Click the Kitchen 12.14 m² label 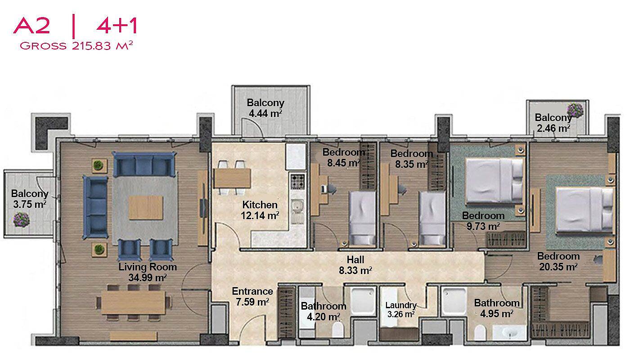click(260, 210)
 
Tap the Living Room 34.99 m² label click(148, 272)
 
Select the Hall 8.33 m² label click(355, 265)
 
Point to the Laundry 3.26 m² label click(401, 310)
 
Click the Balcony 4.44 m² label click(265, 108)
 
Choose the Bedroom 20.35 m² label click(558, 261)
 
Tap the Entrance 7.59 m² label click(252, 297)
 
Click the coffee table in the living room click(146, 207)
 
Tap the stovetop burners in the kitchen click(297, 181)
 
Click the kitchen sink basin click(297, 206)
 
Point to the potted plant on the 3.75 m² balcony click(22, 220)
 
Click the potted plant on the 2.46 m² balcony click(575, 110)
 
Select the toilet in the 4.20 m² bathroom click(338, 329)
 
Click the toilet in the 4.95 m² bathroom click(480, 332)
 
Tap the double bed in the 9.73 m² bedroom click(494, 180)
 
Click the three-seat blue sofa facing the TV click(95, 207)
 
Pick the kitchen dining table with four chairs click(232, 178)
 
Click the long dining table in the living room click(133, 302)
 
